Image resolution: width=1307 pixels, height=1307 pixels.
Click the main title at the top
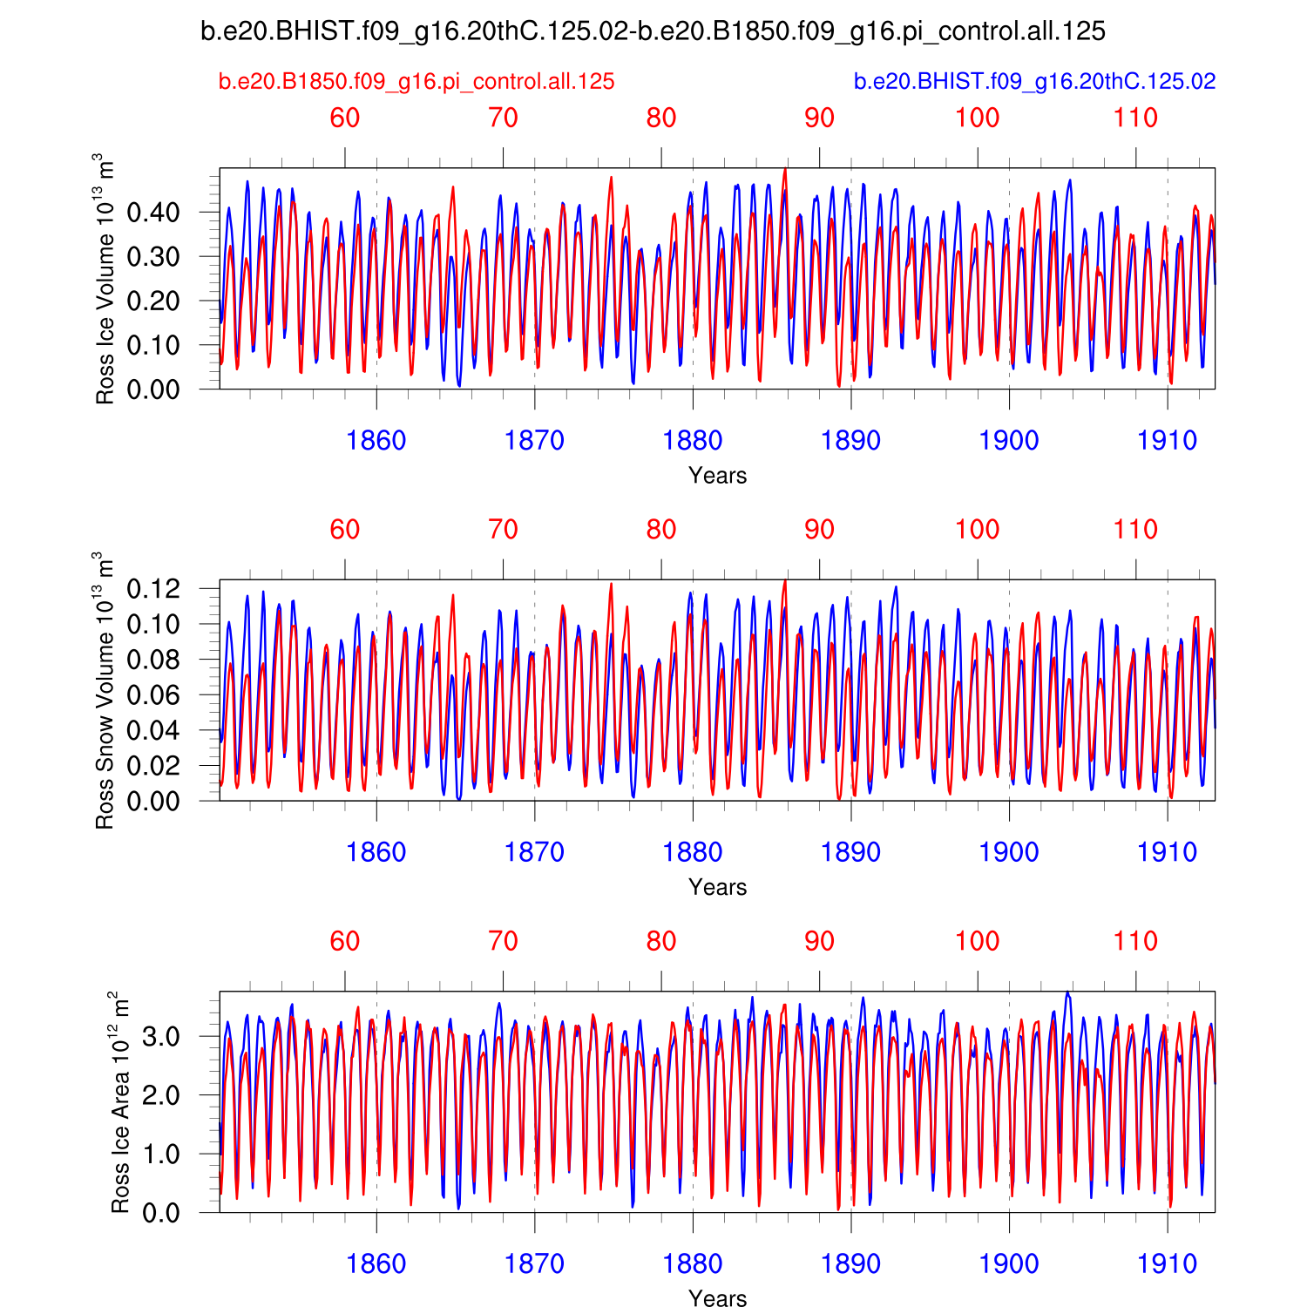pos(653,32)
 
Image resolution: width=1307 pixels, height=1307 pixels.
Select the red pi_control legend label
pos(416,82)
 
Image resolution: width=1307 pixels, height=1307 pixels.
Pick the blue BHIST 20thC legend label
pos(1034,82)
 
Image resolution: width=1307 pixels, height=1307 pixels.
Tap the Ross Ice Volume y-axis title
pos(105,279)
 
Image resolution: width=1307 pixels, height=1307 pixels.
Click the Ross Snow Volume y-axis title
pos(105,690)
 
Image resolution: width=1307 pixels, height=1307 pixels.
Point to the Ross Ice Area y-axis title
pos(120,1102)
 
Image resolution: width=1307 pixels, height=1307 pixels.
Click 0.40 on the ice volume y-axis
pos(153,213)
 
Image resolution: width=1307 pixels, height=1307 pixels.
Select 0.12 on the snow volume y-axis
pos(153,589)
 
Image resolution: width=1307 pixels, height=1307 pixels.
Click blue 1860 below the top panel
pos(376,441)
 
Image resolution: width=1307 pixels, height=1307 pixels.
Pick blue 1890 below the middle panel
pos(850,852)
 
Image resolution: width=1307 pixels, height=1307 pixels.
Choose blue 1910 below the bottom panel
pos(1167,1264)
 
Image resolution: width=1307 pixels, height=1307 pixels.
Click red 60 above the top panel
pos(345,119)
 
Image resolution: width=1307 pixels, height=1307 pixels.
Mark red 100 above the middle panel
pos(978,530)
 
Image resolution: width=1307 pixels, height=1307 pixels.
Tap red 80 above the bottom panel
pos(661,942)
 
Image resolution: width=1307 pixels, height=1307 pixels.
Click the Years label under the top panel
pos(717,476)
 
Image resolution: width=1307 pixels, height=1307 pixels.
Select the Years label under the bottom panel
pos(717,1298)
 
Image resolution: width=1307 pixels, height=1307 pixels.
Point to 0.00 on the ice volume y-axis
pos(153,389)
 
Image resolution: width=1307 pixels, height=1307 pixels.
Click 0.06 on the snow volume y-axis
pos(153,695)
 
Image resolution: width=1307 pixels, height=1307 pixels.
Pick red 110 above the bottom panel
pos(1135,942)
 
